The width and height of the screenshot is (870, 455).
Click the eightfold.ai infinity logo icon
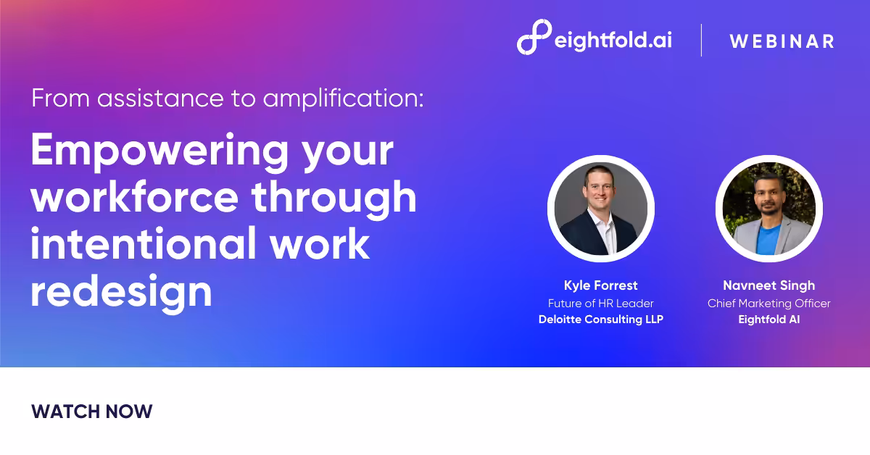(534, 38)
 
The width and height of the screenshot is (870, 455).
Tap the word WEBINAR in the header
(782, 41)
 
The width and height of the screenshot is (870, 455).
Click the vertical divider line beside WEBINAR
(701, 40)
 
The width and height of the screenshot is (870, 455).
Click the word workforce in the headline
(134, 197)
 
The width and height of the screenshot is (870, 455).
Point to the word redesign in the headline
(121, 291)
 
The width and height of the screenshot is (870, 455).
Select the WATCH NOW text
(92, 412)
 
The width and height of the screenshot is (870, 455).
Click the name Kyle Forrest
(600, 285)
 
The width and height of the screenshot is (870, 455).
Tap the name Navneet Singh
(768, 285)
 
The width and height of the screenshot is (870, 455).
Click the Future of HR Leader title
(600, 303)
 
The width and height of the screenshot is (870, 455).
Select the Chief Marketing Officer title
(768, 303)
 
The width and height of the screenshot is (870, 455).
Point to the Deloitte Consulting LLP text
(600, 320)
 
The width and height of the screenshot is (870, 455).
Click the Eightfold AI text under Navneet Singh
(768, 320)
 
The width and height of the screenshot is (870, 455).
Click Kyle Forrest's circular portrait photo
(600, 208)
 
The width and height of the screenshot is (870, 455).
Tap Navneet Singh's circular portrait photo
(768, 208)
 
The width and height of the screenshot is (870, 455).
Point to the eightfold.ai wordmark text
(613, 41)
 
